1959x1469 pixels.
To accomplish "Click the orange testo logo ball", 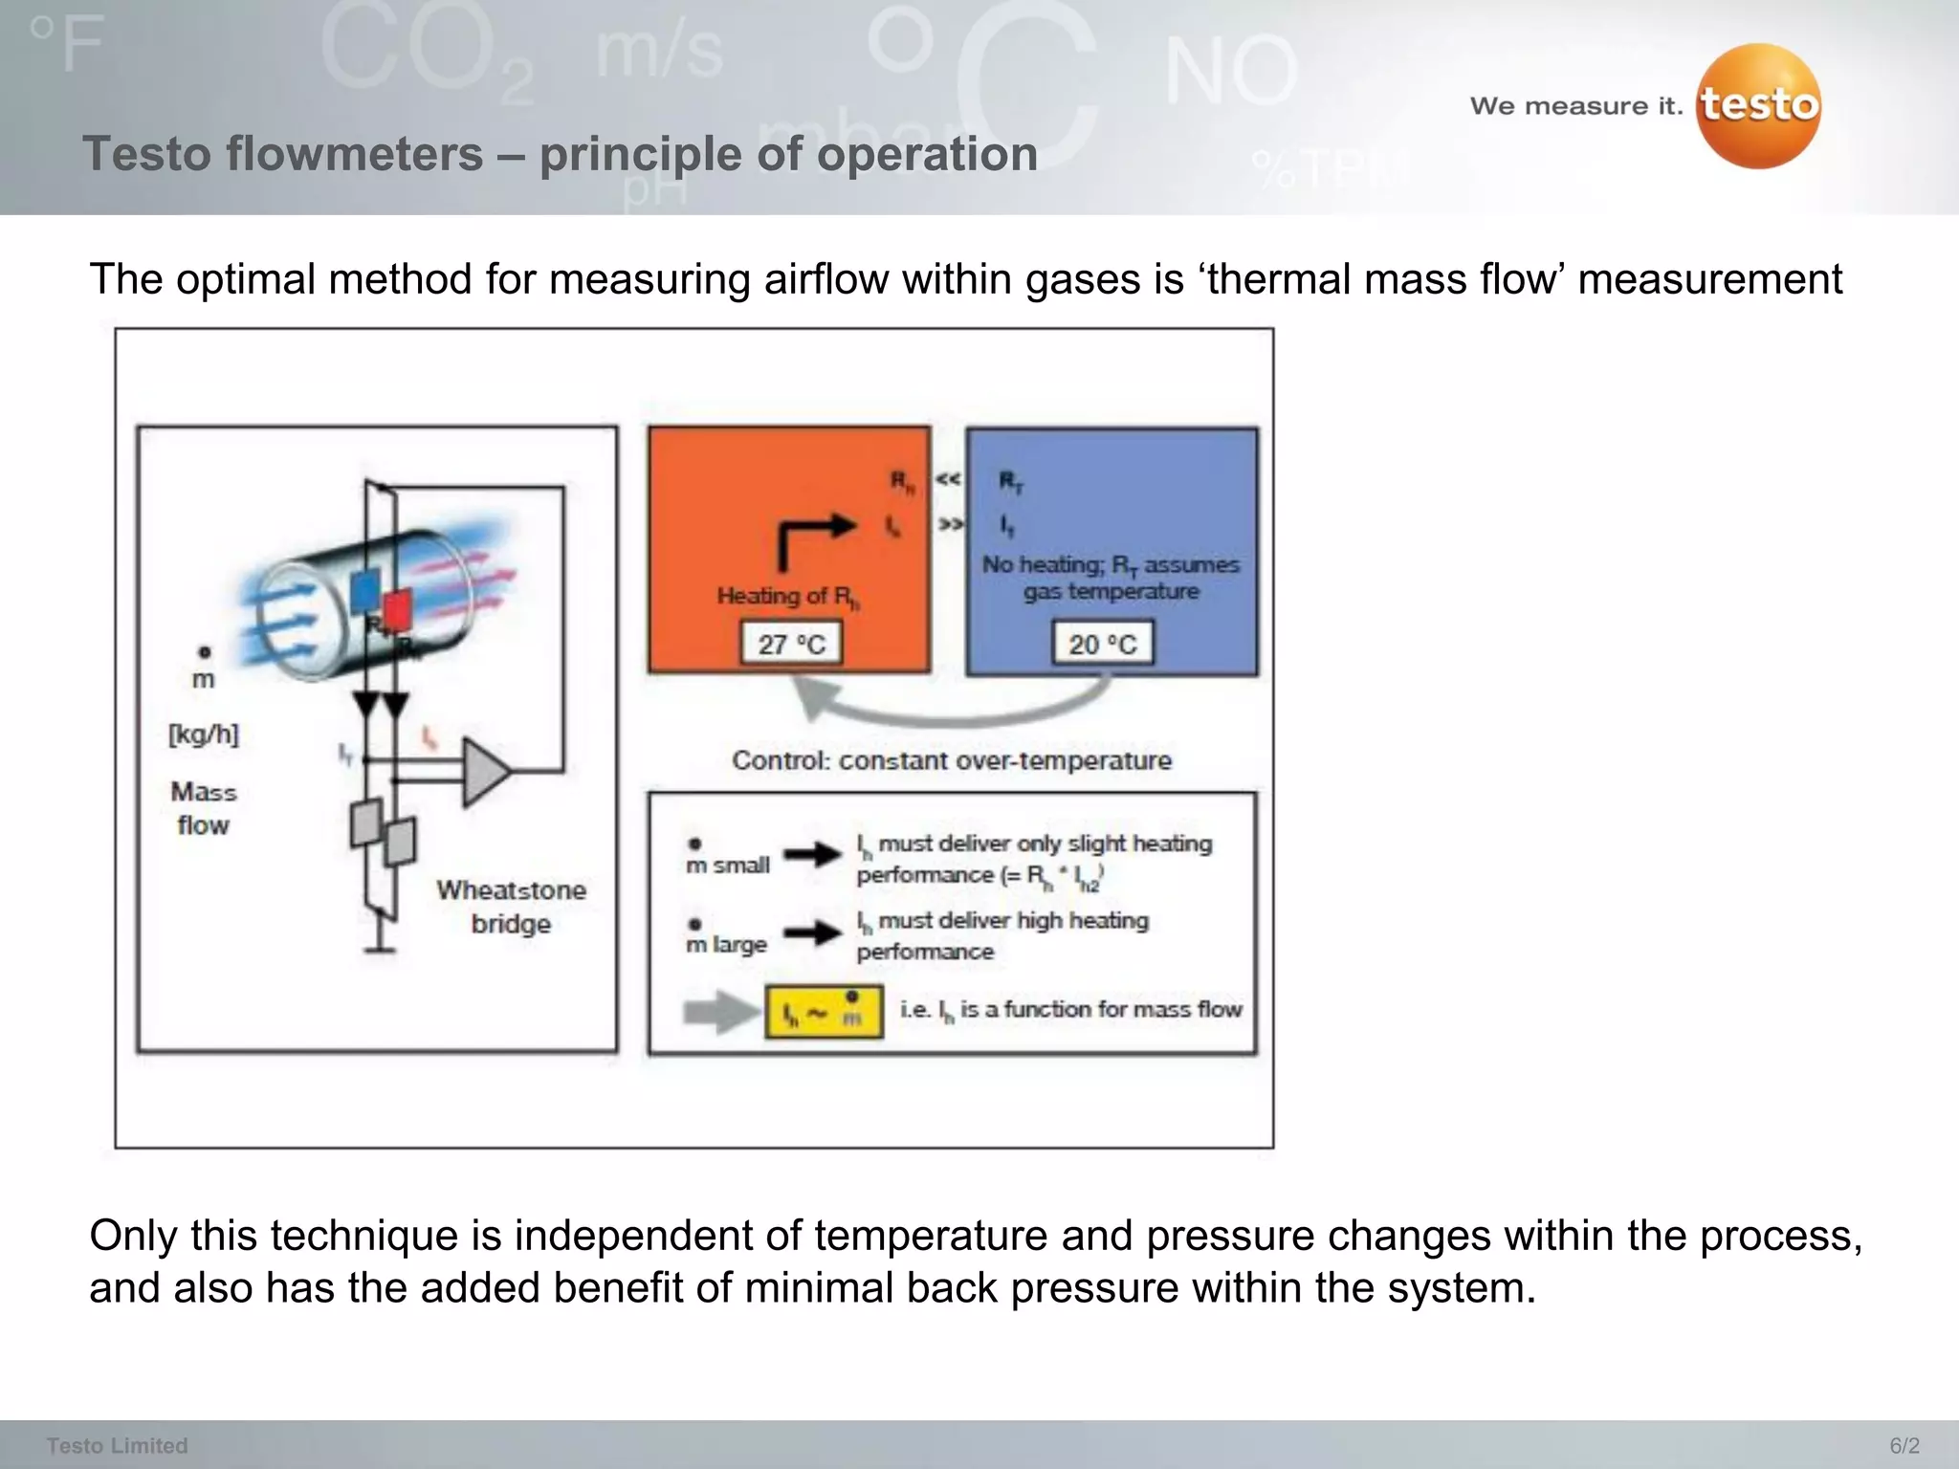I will tap(1758, 107).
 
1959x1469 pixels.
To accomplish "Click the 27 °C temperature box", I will tap(791, 644).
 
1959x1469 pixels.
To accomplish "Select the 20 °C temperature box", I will tap(1103, 644).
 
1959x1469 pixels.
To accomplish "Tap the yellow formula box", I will tap(824, 1012).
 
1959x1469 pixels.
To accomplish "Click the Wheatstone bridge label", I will tap(511, 907).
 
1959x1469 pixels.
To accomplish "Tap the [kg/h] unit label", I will tap(204, 734).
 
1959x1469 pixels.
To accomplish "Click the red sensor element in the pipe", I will tap(397, 608).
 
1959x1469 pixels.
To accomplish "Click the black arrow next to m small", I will tap(813, 854).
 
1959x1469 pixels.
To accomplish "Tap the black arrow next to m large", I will tap(813, 932).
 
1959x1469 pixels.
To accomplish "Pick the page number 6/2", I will tap(1904, 1445).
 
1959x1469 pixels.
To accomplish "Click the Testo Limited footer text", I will tap(117, 1445).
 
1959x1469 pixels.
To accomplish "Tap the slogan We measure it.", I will tap(1575, 106).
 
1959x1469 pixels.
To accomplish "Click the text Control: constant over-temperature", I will tap(951, 760).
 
